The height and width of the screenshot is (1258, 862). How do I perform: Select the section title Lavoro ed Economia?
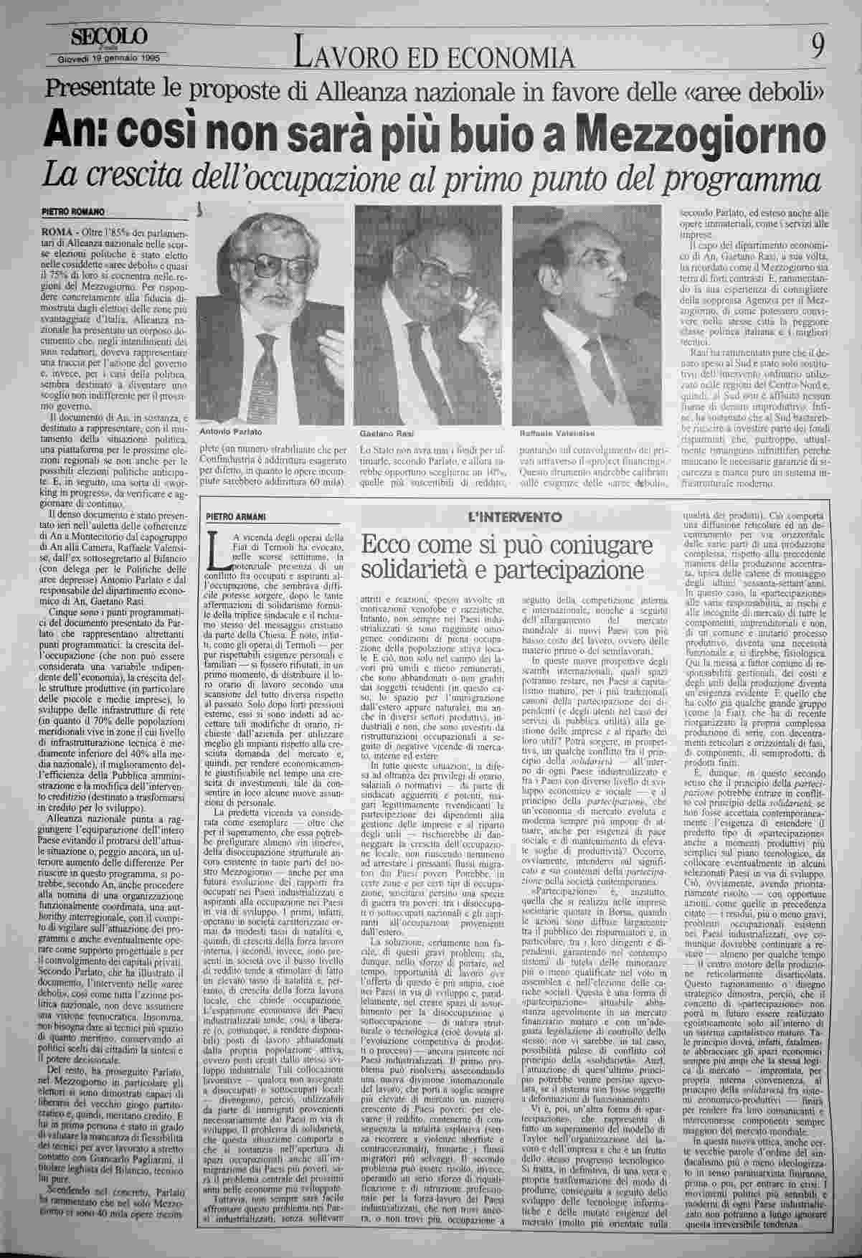click(435, 56)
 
